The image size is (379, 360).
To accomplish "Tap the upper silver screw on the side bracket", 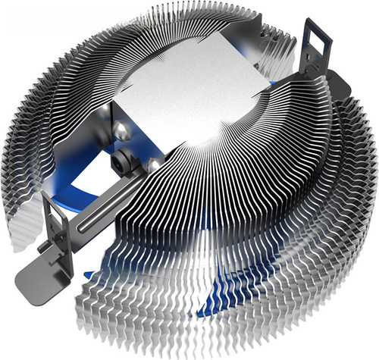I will click(x=121, y=133).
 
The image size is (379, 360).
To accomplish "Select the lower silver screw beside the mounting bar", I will click(x=153, y=164).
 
